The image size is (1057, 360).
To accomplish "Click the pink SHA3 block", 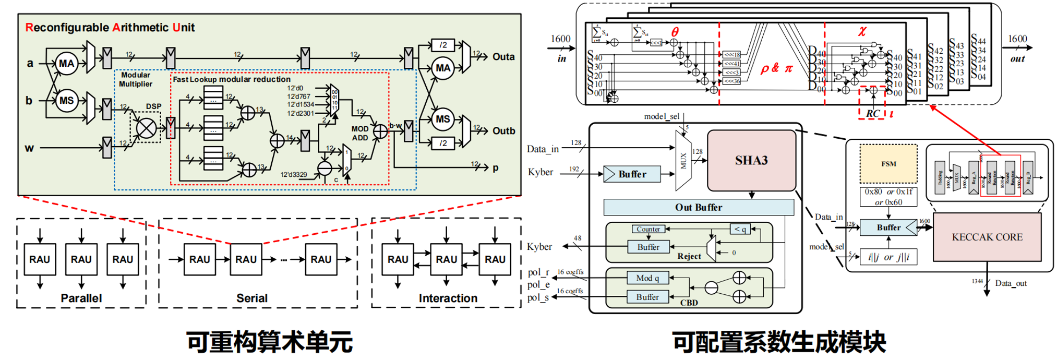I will [751, 160].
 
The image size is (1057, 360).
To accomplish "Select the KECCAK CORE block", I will [987, 237].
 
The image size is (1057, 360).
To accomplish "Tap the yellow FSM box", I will [888, 164].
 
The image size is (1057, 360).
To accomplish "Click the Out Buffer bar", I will [699, 207].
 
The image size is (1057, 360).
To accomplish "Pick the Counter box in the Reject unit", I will [648, 229].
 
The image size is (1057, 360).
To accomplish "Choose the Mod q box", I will [647, 278].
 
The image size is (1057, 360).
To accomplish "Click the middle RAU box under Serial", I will [246, 259].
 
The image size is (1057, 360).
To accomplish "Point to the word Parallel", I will [81, 298].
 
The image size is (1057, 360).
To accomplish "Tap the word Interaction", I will [448, 298].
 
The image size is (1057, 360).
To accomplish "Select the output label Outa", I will [503, 57].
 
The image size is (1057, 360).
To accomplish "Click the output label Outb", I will [503, 131].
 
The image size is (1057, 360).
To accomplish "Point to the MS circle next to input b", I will [67, 101].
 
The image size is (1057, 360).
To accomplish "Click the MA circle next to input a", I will [67, 64].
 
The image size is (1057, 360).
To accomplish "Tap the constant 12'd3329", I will [294, 174].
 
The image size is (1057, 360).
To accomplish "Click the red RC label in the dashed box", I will [873, 113].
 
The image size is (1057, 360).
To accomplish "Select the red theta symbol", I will [675, 32].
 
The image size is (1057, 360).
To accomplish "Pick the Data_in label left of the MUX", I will [543, 149].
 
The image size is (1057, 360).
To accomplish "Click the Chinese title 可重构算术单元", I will [270, 342].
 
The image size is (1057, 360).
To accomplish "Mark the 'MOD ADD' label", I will [360, 133].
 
